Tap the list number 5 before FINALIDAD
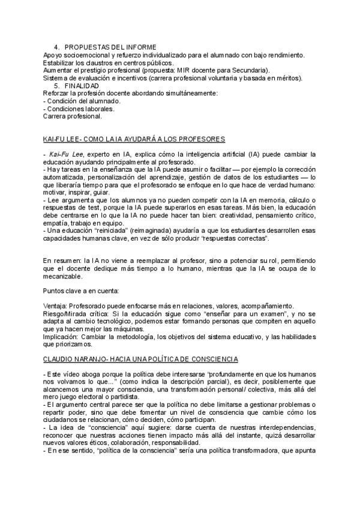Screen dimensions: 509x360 pyautogui.click(x=56, y=86)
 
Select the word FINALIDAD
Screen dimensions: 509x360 pyautogui.click(x=82, y=86)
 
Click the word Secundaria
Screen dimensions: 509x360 pyautogui.click(x=251, y=70)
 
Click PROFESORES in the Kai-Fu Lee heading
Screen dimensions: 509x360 pyautogui.click(x=201, y=139)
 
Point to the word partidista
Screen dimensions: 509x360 pyautogui.click(x=131, y=397)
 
